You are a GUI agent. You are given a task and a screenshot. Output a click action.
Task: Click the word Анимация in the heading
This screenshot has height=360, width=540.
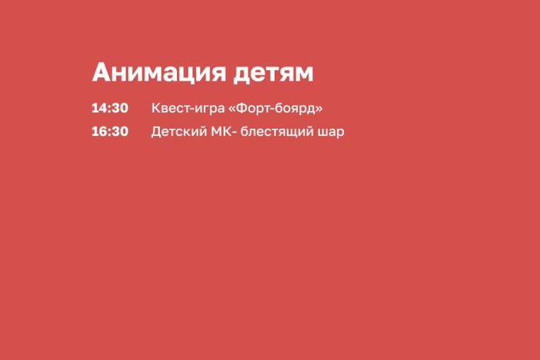[159, 73]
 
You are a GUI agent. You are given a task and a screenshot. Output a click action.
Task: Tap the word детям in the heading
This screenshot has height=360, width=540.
[273, 74]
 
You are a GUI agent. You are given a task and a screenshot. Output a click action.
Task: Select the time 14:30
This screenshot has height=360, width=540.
[110, 108]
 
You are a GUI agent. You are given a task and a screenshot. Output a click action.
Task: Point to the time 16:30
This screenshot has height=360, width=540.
[110, 132]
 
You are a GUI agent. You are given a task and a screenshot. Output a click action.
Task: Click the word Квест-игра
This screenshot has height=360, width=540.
[188, 108]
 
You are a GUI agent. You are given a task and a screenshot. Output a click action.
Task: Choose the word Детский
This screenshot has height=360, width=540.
[178, 132]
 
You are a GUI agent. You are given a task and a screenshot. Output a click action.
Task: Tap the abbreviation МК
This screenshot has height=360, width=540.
[222, 132]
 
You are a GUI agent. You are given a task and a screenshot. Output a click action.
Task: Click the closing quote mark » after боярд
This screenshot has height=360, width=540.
[319, 109]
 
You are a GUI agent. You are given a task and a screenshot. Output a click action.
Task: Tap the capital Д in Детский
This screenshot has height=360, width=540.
[156, 132]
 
